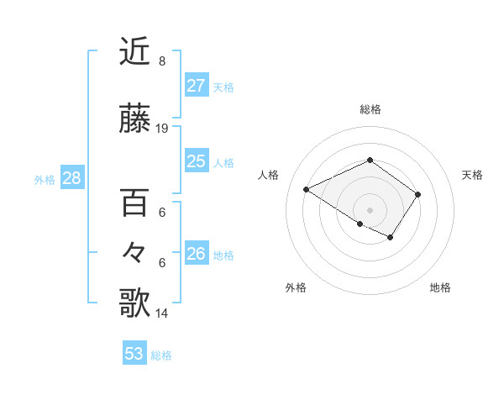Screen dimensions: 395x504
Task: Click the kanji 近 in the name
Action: pos(134,51)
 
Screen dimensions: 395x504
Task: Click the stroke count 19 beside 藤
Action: pos(162,129)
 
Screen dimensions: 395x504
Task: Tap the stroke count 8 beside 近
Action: pos(162,61)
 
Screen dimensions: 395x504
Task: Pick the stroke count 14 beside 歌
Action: pos(162,313)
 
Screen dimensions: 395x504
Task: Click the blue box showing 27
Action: pos(196,86)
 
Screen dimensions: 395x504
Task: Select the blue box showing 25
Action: pos(196,161)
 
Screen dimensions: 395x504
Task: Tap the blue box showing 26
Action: pos(196,254)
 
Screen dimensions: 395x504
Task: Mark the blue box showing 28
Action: pos(71,178)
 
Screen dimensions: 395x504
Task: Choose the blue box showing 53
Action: pos(134,354)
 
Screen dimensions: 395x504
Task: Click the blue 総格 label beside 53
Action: pos(161,355)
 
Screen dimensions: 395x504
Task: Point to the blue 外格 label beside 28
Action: pos(44,179)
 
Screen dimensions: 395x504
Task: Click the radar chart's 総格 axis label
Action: pos(370,109)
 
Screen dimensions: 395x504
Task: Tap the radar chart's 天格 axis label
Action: pos(472,175)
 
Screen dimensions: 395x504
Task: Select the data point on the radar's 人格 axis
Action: pos(307,189)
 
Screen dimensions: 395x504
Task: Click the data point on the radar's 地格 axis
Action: pos(391,238)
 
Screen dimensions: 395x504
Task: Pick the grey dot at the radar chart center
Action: pos(370,209)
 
